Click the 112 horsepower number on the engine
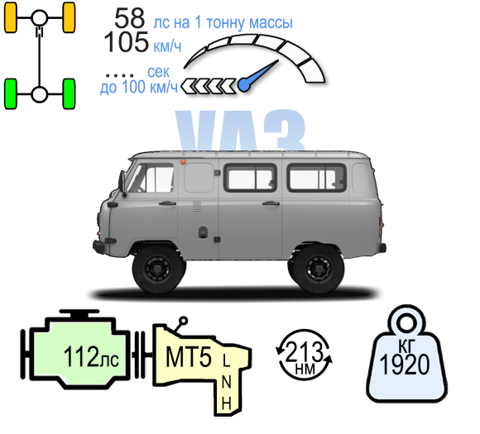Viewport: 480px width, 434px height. click(x=81, y=356)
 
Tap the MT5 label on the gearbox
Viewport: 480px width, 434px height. click(x=189, y=357)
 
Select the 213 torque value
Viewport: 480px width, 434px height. click(x=304, y=351)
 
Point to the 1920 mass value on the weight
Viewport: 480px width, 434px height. click(x=405, y=365)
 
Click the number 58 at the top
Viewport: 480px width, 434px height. click(x=129, y=18)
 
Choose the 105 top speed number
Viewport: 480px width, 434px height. click(x=126, y=42)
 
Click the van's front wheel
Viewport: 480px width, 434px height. click(x=158, y=269)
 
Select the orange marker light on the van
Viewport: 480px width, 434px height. click(x=183, y=161)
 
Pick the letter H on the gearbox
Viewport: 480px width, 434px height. click(x=226, y=403)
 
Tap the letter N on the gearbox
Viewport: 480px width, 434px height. click(x=226, y=382)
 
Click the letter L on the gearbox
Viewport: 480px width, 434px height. click(x=226, y=360)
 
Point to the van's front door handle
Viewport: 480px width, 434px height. click(x=167, y=203)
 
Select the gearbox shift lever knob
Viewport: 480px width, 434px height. click(x=184, y=321)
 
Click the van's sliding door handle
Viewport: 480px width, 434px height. click(x=271, y=203)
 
